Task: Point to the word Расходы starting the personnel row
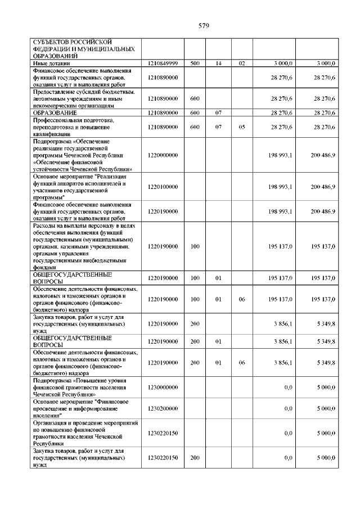click(x=46, y=226)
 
